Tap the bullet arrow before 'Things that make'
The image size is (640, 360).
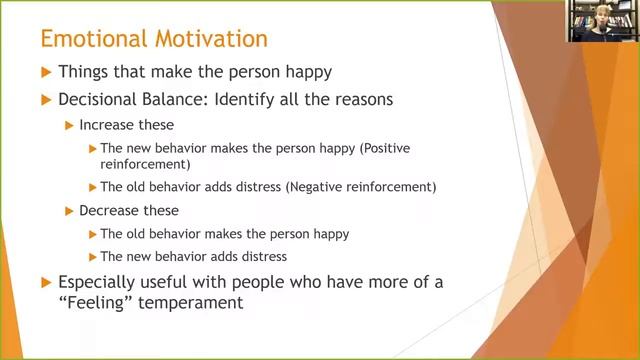click(x=45, y=74)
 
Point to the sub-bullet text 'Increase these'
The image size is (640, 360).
click(x=127, y=125)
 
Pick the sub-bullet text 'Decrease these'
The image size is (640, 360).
click(x=129, y=210)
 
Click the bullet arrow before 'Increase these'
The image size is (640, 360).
click(x=69, y=126)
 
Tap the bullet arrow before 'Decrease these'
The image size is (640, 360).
click(x=69, y=211)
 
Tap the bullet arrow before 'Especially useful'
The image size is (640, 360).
click(x=45, y=283)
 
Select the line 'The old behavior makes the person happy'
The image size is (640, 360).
click(x=224, y=234)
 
